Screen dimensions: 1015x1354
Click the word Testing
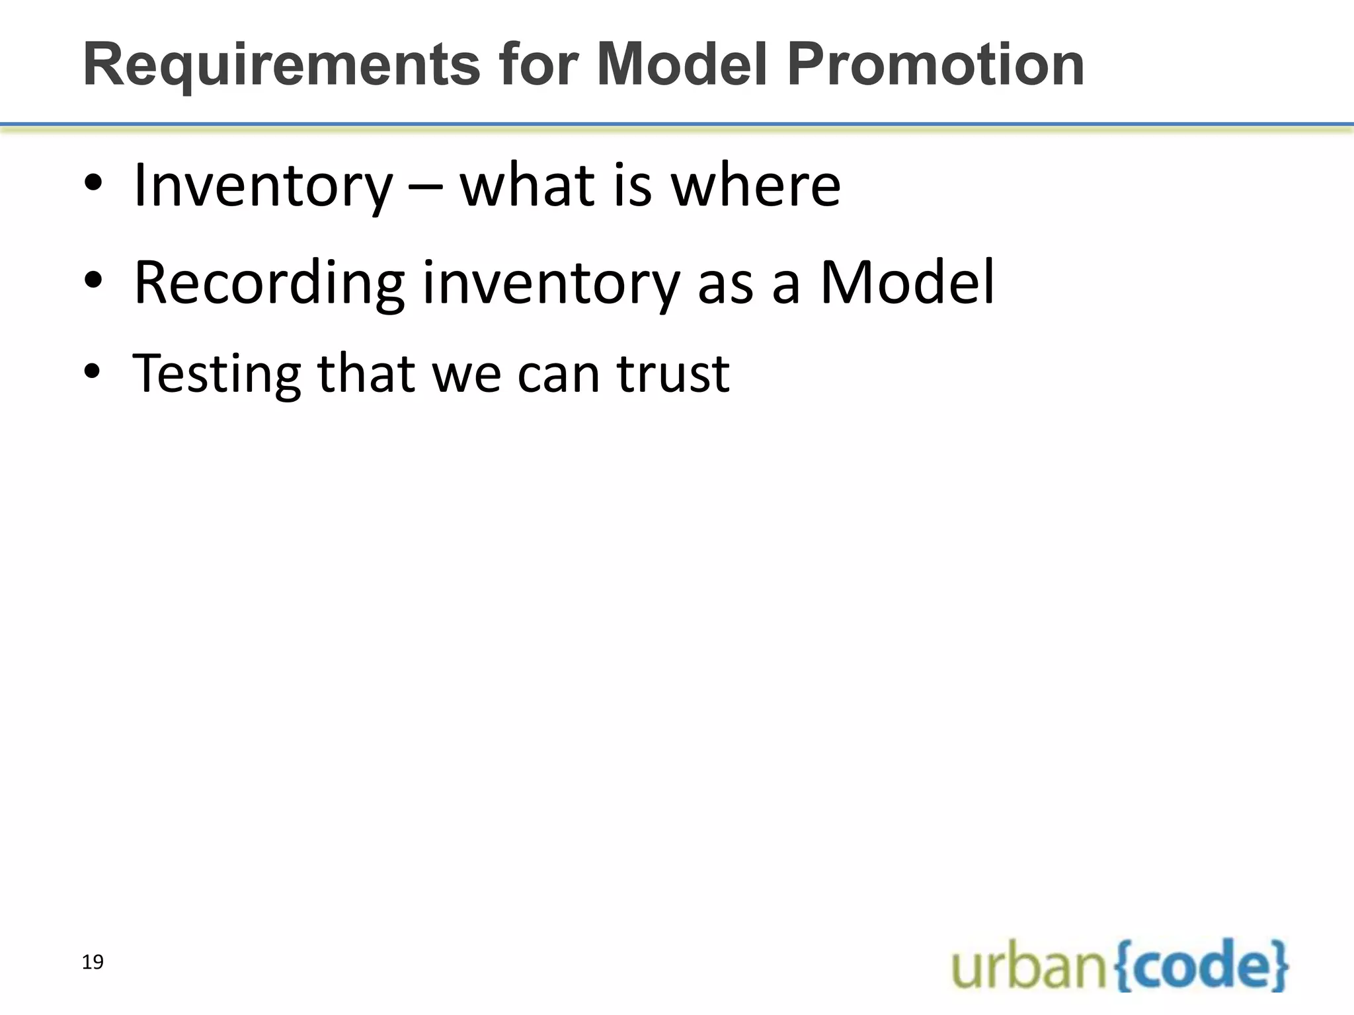coord(217,374)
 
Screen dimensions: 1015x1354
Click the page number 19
coord(93,962)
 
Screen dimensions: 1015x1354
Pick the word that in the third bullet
coord(366,374)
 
